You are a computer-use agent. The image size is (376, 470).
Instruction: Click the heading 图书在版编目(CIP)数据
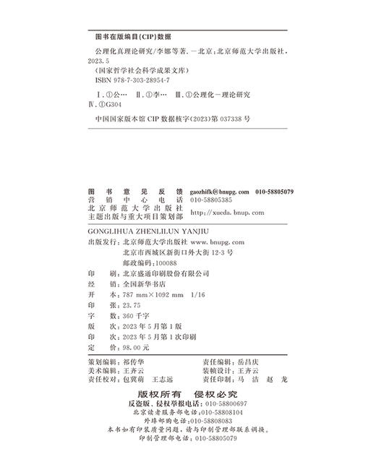coord(129,35)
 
